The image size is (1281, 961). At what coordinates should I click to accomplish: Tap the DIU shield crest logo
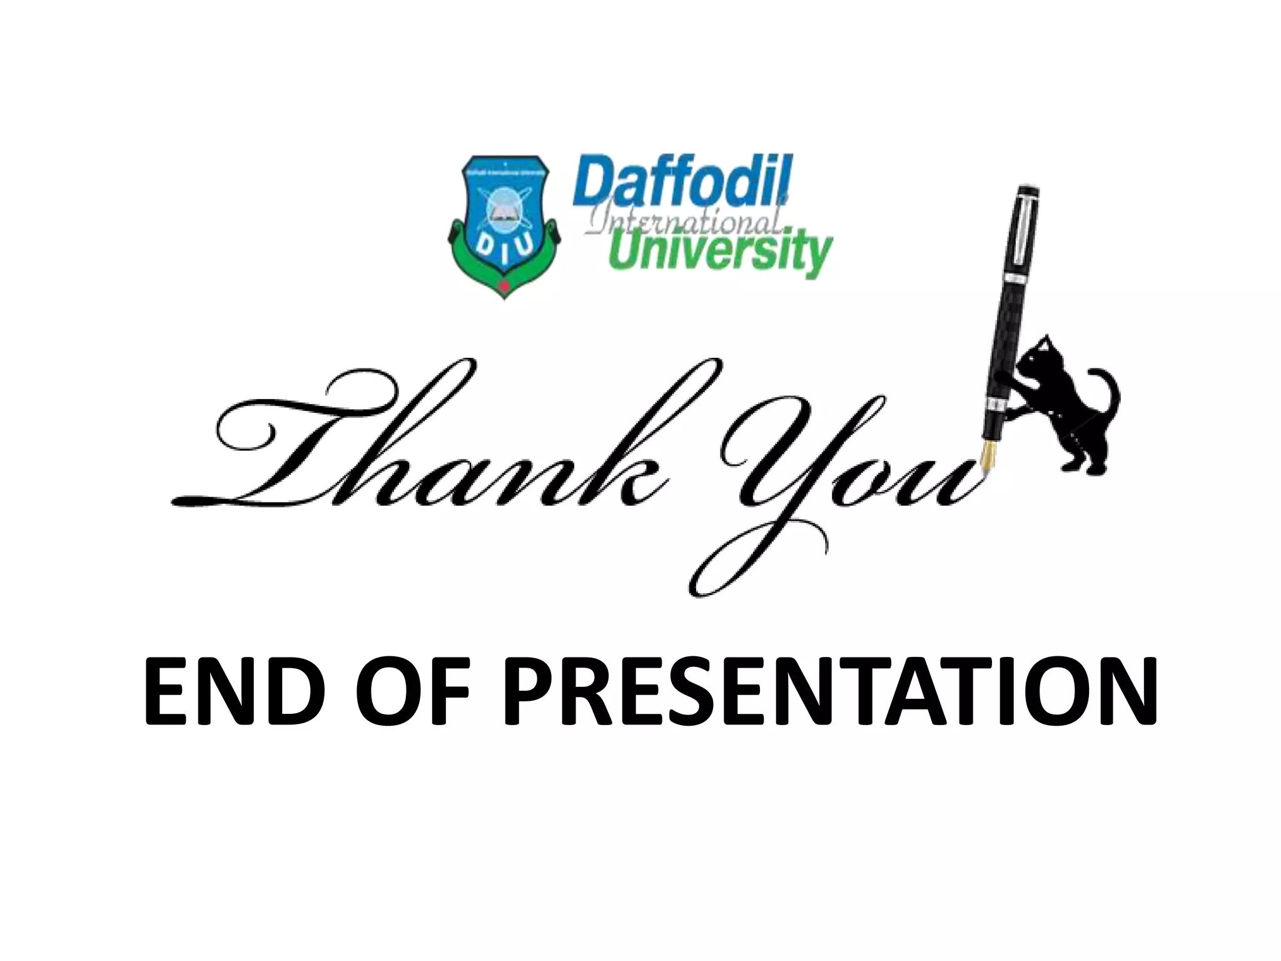pyautogui.click(x=504, y=225)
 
